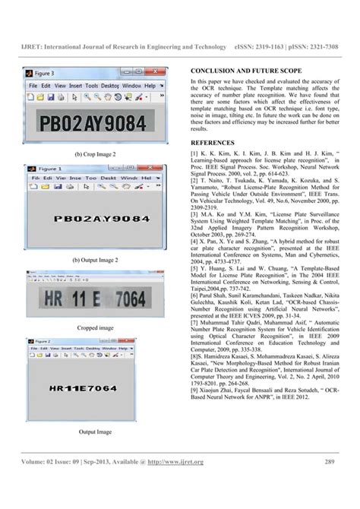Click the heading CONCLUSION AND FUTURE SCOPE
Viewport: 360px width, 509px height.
click(x=242, y=70)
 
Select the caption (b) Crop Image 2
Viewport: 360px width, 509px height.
click(x=96, y=154)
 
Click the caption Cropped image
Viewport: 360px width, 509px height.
click(x=96, y=327)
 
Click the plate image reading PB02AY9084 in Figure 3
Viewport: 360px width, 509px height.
click(x=95, y=122)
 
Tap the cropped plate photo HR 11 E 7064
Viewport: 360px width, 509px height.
click(x=96, y=295)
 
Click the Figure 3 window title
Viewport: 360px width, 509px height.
click(x=44, y=74)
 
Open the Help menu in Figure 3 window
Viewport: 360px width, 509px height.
click(x=150, y=87)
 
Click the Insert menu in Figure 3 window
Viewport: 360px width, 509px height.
click(x=76, y=87)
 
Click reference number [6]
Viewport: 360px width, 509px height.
click(x=194, y=299)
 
